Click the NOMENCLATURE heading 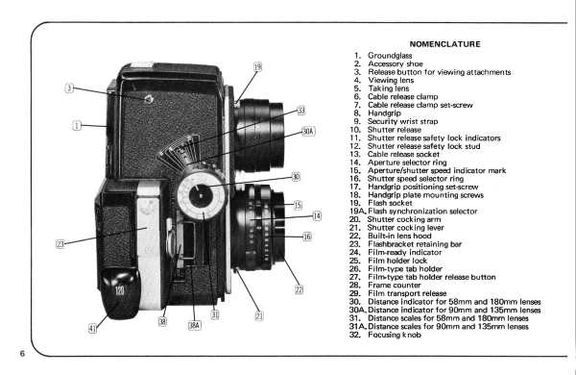tap(444, 44)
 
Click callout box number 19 tap(257, 67)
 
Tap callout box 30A tap(308, 132)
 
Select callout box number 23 tap(60, 243)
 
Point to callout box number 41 tap(92, 328)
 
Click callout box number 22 tap(300, 289)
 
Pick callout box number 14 tap(317, 215)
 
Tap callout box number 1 tap(77, 126)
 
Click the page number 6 tap(22, 353)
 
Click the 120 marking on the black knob tap(120, 291)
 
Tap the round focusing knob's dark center tap(200, 195)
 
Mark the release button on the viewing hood tap(149, 99)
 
